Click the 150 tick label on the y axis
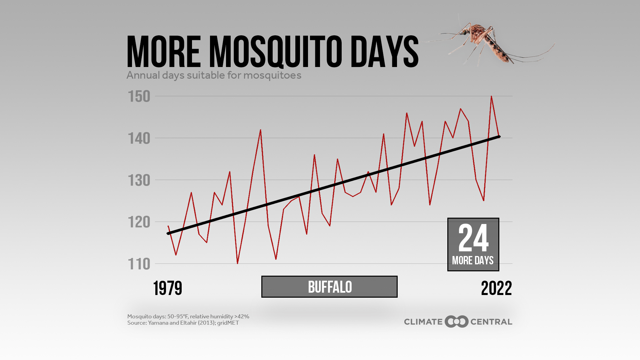click(x=139, y=97)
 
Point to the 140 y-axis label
click(x=139, y=138)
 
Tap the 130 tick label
click(x=139, y=180)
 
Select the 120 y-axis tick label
click(x=139, y=222)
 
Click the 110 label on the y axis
click(x=139, y=264)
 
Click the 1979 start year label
click(x=168, y=288)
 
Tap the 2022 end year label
click(x=496, y=288)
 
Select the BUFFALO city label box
click(x=329, y=287)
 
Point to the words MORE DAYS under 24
click(x=473, y=260)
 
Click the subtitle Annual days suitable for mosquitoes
click(x=214, y=75)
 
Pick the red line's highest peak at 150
click(x=491, y=96)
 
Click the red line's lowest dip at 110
click(x=237, y=263)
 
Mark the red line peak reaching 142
click(x=260, y=130)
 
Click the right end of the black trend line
click(x=499, y=137)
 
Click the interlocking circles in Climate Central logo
click(x=457, y=322)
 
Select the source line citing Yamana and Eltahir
click(x=183, y=323)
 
